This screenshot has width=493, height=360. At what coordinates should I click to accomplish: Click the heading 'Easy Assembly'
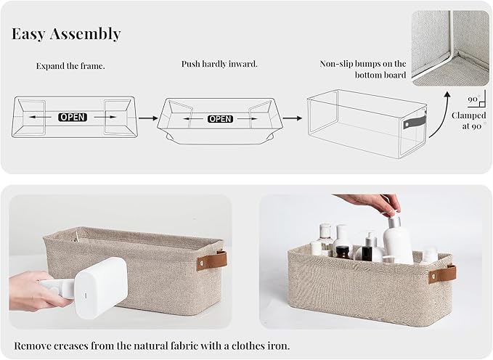pyautogui.click(x=66, y=34)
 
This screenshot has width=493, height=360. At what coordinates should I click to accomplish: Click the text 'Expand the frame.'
pyautogui.click(x=70, y=66)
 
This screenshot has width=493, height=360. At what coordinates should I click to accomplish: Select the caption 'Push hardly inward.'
pyautogui.click(x=219, y=64)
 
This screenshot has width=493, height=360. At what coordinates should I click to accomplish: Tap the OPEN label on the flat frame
pyautogui.click(x=73, y=116)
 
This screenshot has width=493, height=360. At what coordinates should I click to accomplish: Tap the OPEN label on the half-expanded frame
pyautogui.click(x=220, y=118)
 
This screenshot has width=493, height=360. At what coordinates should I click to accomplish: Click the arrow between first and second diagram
pyautogui.click(x=148, y=116)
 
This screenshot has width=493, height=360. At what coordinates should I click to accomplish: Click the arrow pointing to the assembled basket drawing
pyautogui.click(x=292, y=116)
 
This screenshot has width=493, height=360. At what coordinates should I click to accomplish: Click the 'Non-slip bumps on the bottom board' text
pyautogui.click(x=363, y=69)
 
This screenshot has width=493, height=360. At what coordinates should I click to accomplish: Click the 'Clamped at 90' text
pyautogui.click(x=468, y=120)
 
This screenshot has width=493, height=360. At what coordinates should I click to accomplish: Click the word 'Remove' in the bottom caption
pyautogui.click(x=33, y=345)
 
